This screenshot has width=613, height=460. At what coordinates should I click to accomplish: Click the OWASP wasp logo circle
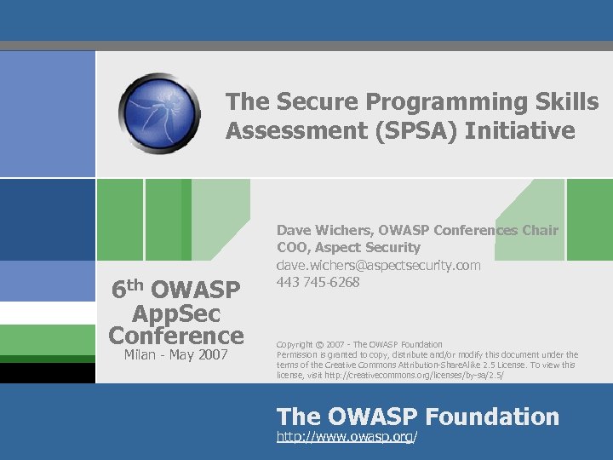tap(159, 113)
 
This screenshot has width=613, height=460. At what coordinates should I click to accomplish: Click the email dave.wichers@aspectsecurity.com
tap(378, 265)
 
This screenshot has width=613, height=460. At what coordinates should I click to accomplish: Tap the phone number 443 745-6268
tap(318, 282)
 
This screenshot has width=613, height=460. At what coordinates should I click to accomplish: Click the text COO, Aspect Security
tap(348, 247)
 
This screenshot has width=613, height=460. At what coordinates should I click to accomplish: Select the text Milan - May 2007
tap(175, 354)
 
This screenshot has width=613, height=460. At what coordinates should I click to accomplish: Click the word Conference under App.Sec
tap(176, 335)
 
